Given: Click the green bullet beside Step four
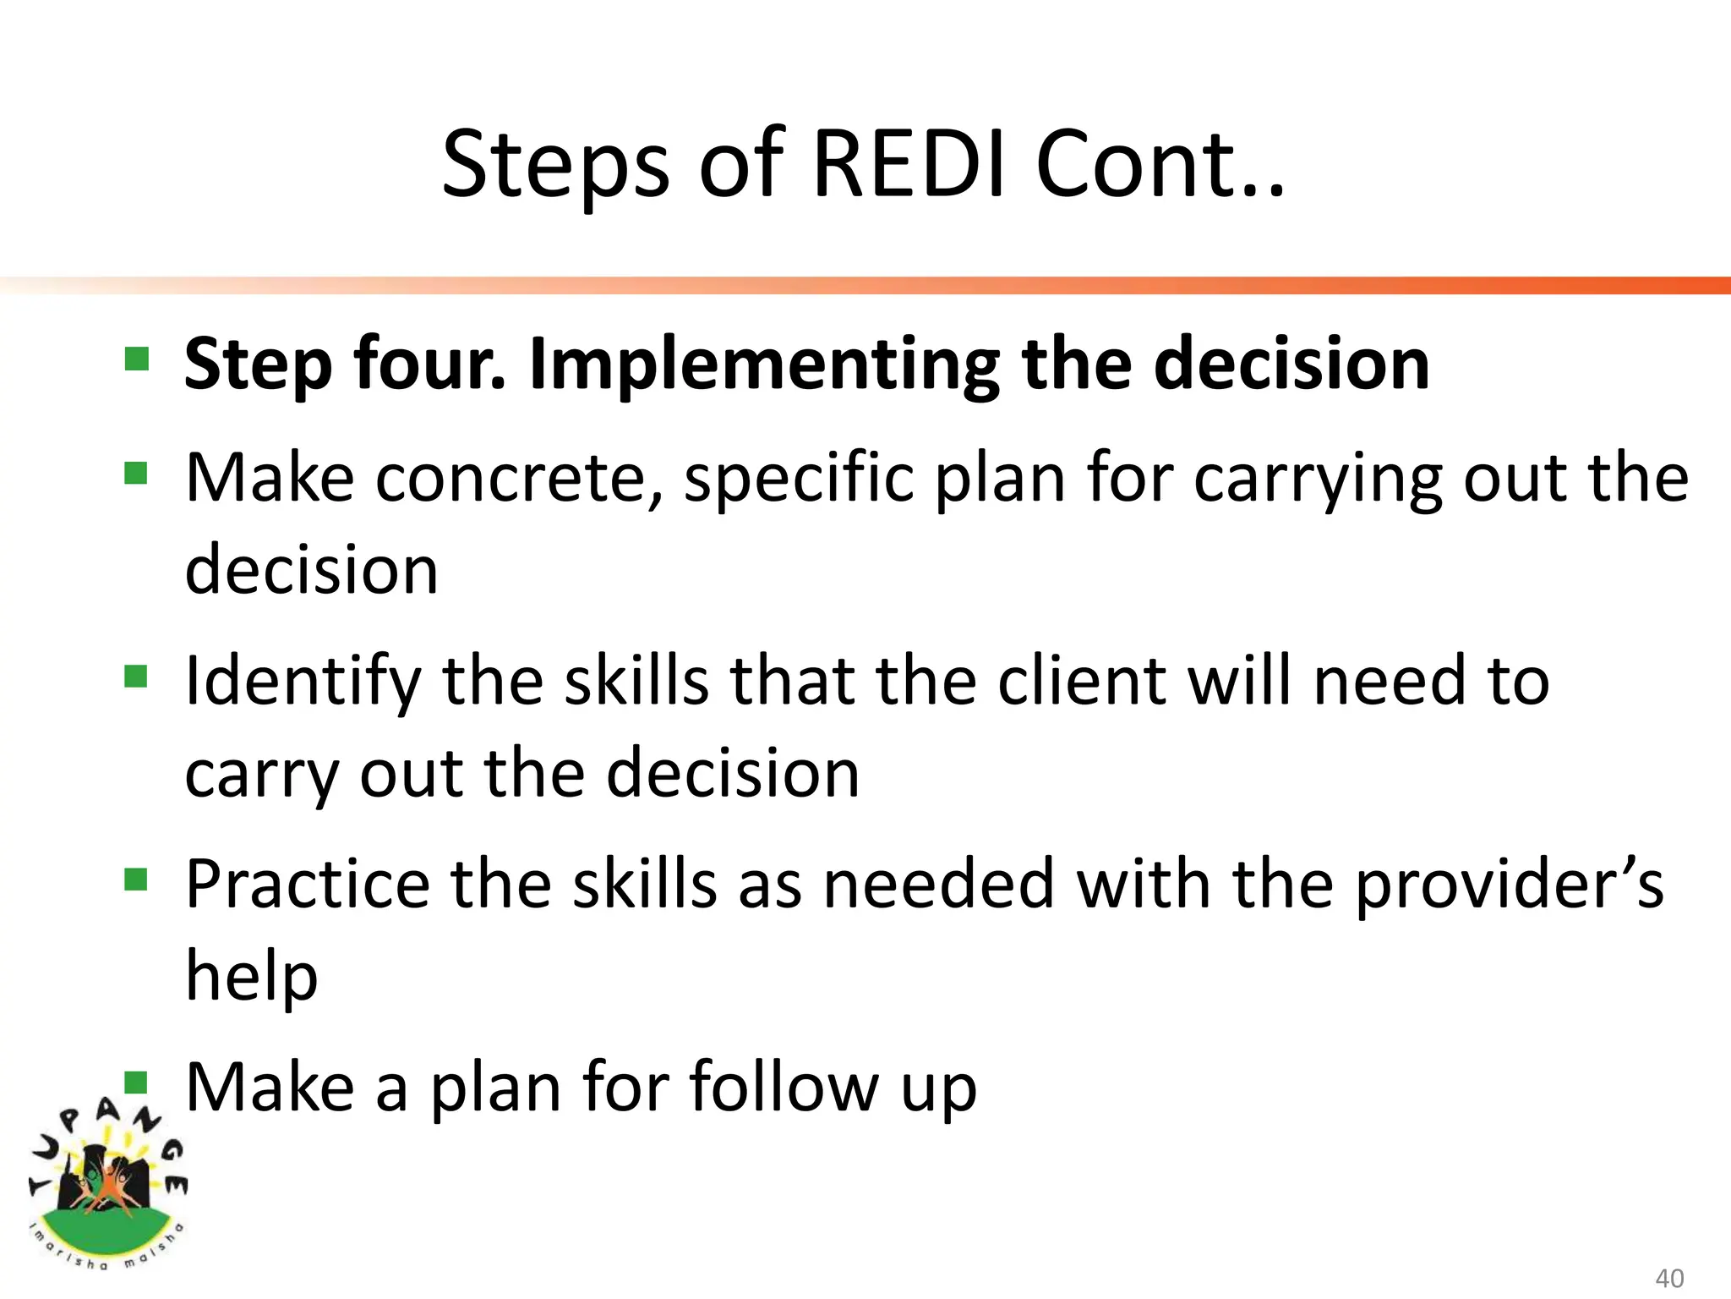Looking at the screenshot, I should pyautogui.click(x=136, y=359).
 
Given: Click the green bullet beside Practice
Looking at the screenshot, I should pyautogui.click(x=136, y=880).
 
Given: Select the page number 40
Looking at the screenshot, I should pyautogui.click(x=1669, y=1278).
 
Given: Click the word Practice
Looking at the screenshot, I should pyautogui.click(x=308, y=885).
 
